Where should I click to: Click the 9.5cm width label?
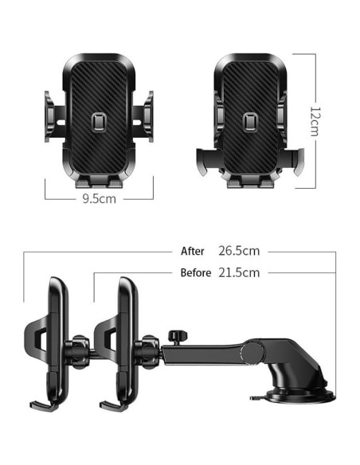[x=99, y=199]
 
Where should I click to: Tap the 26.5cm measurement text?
[x=239, y=250]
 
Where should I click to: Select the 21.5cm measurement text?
[x=239, y=272]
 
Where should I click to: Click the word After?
[x=192, y=250]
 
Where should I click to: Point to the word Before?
[x=196, y=272]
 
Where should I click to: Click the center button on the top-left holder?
[x=98, y=121]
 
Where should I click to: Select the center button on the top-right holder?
[x=250, y=121]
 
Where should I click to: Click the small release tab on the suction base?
[x=256, y=395]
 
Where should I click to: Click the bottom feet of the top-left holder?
[x=98, y=182]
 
